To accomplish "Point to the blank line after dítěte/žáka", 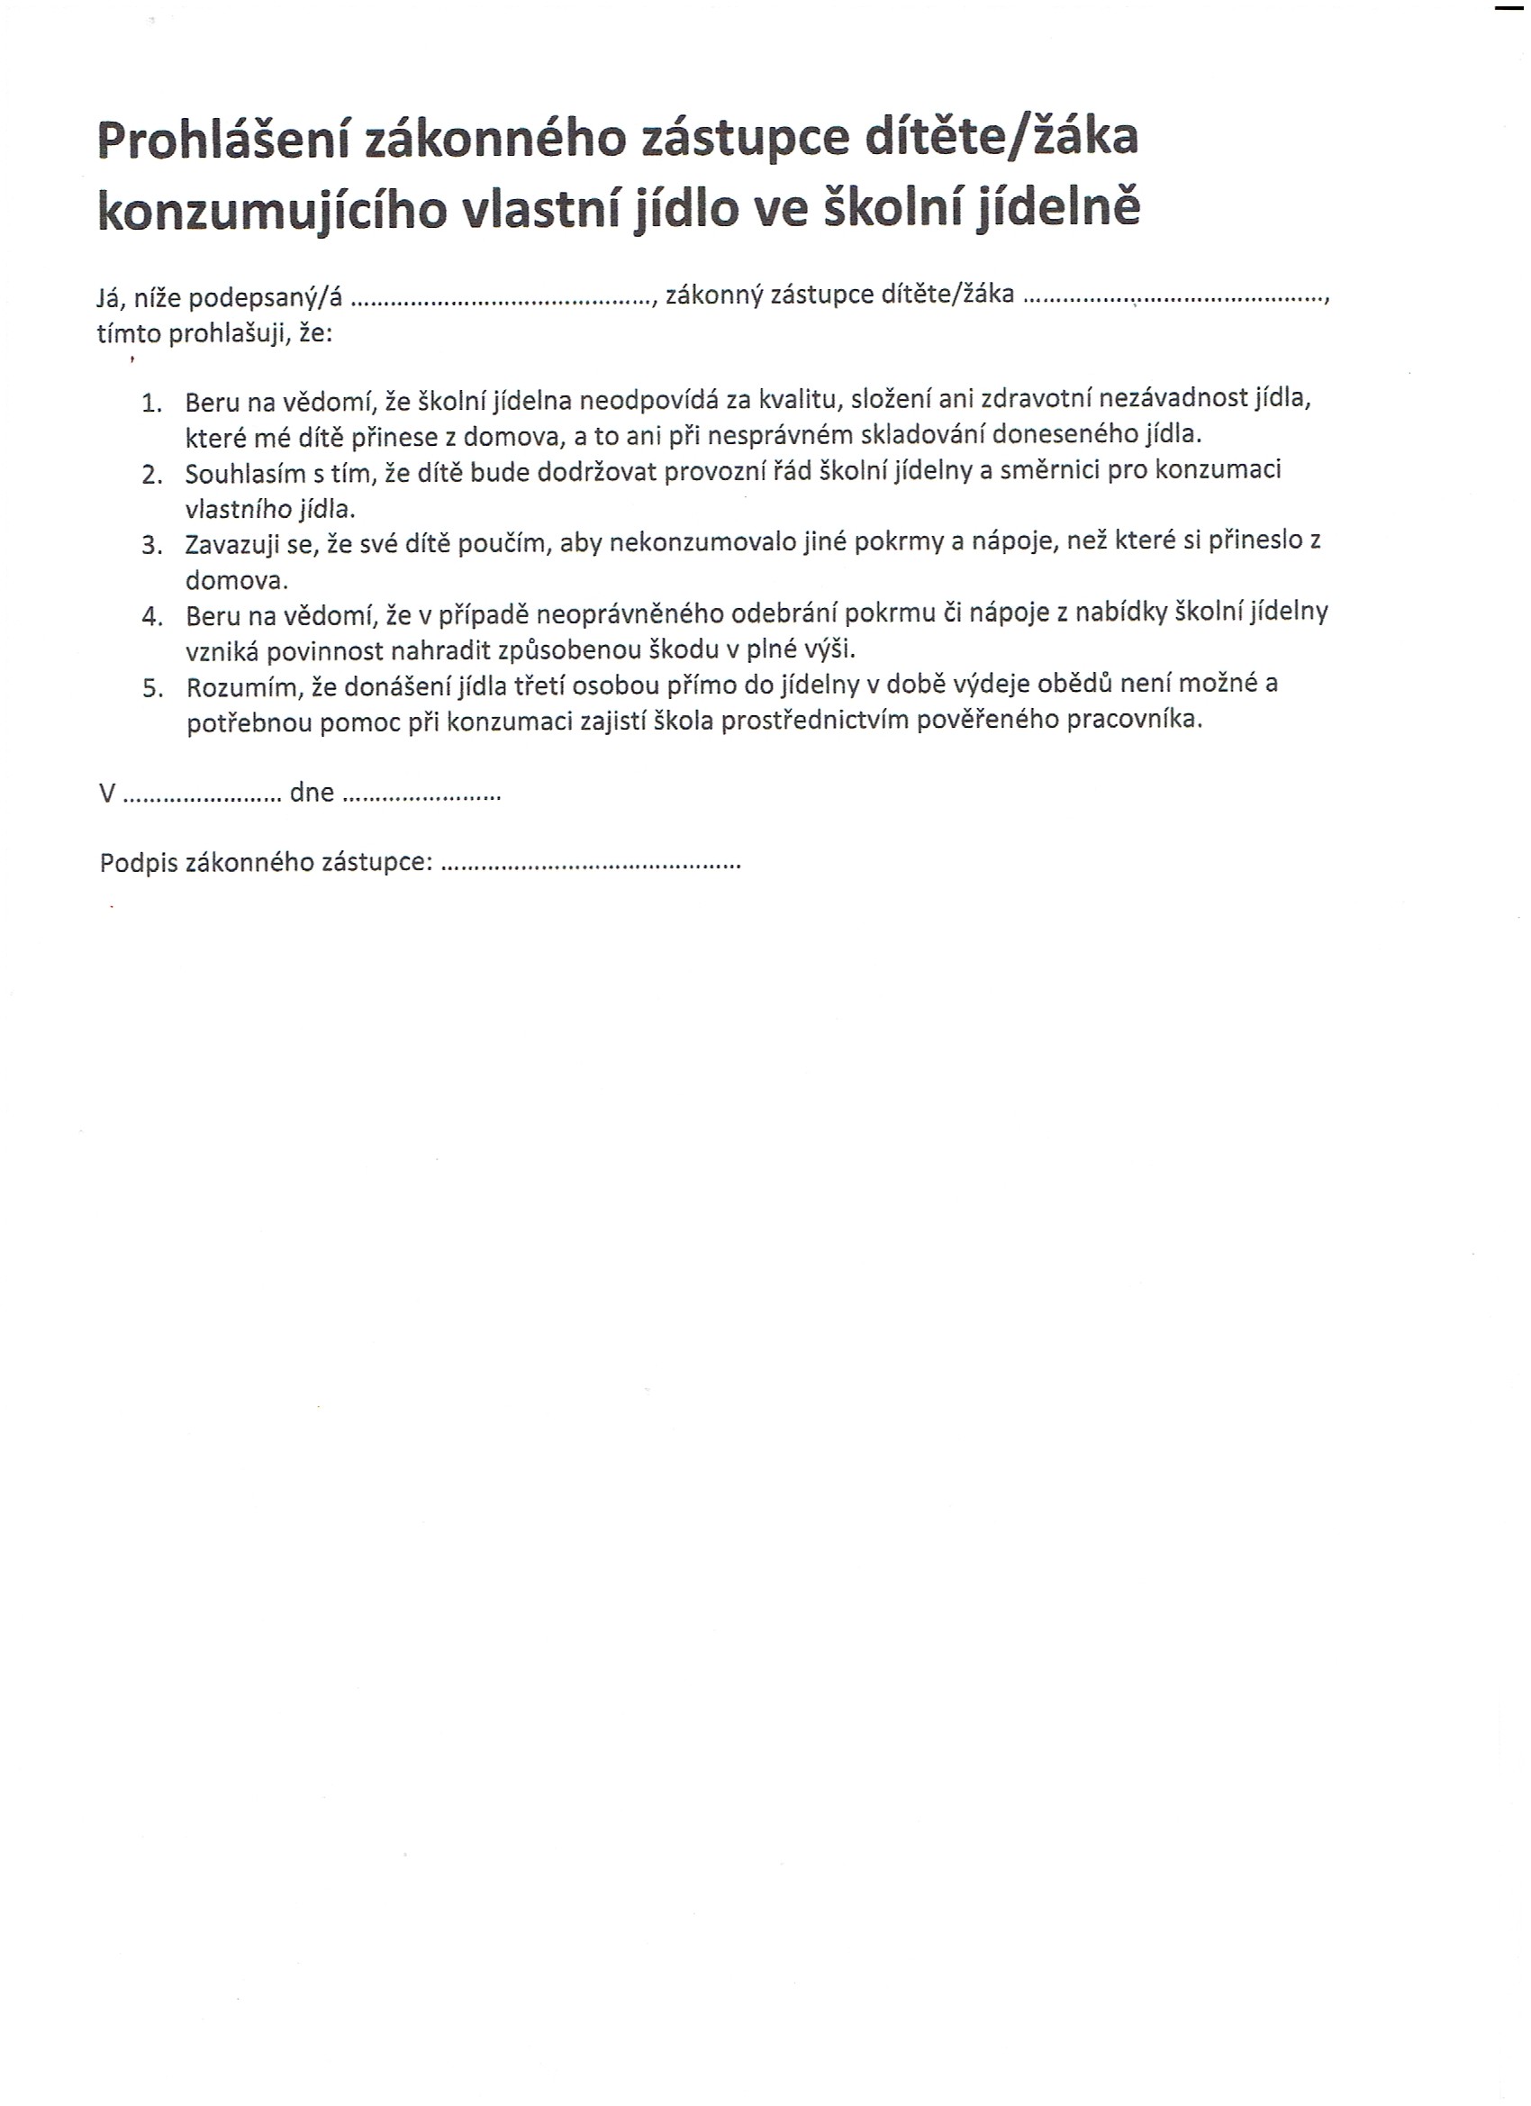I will (1175, 299).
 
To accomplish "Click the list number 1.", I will (151, 404).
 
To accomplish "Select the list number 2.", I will (152, 476).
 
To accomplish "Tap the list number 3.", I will (152, 546).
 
